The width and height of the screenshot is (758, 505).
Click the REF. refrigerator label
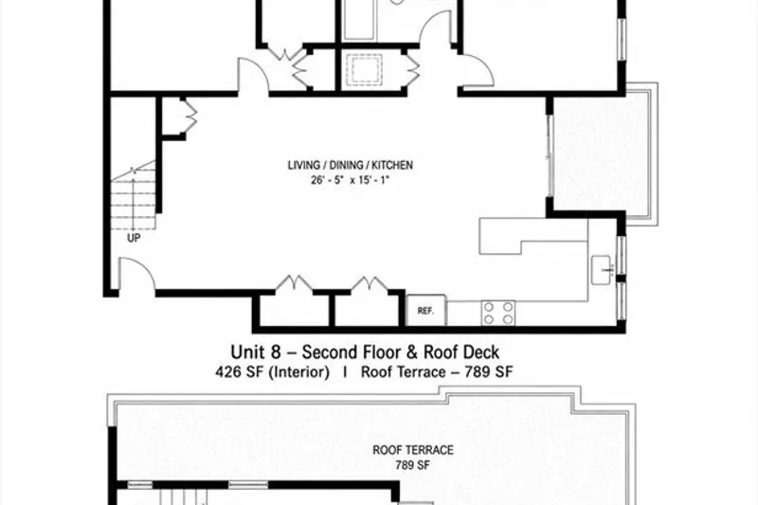coord(425,311)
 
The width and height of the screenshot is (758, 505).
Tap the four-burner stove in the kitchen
coord(498,313)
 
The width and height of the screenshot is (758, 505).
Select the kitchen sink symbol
coord(603,270)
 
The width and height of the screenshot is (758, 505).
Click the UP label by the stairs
coord(134,238)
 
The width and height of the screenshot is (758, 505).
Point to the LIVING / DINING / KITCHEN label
coord(350,165)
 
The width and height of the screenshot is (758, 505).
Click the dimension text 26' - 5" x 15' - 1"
coord(350,180)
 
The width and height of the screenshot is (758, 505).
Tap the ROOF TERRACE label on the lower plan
coord(413,450)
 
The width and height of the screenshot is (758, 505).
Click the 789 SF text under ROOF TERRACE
coord(413,465)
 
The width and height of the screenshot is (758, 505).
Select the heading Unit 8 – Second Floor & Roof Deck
coord(365,352)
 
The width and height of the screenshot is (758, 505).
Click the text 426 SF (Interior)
coord(273,372)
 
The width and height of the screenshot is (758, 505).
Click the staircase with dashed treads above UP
coord(134,196)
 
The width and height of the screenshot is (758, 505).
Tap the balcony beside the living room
coord(603,153)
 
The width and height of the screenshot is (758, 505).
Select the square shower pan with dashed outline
coord(365,70)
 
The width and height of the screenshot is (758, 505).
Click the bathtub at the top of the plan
coord(358,20)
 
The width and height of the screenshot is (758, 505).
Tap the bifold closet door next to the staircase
coord(189,115)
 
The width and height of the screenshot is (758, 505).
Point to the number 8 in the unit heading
coord(275,352)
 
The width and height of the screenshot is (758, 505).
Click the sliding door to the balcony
coord(550,155)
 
